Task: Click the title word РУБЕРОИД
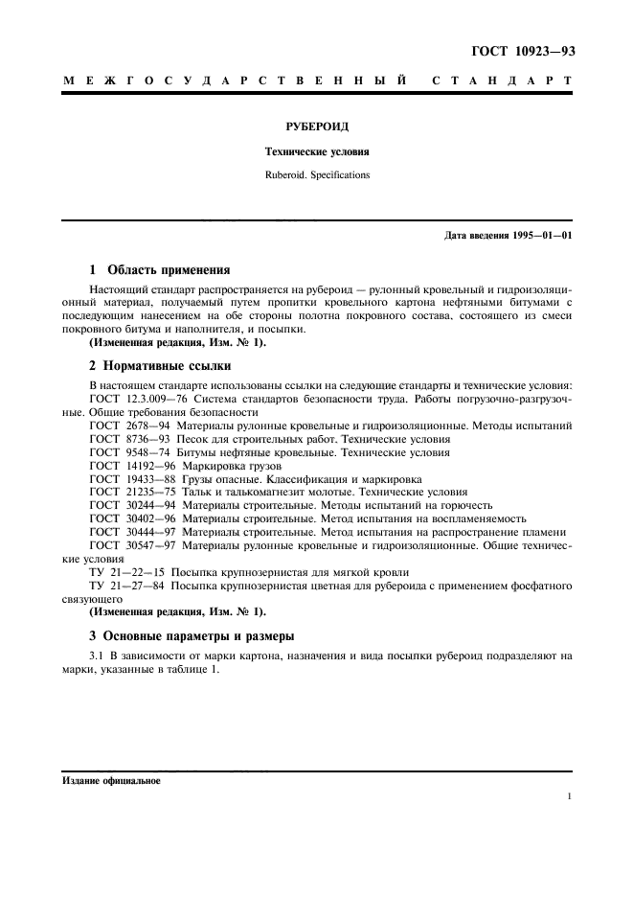317,126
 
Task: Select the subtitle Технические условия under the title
317,151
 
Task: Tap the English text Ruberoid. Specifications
317,176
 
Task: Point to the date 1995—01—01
540,236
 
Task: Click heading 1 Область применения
159,270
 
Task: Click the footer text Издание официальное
111,781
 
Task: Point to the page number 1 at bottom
569,796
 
